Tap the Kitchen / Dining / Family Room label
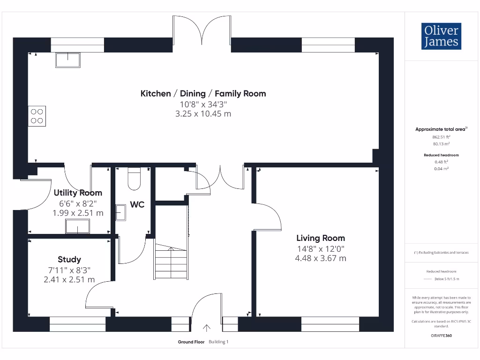point(203,93)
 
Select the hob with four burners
point(37,116)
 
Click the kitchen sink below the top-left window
point(68,60)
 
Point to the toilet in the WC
point(134,179)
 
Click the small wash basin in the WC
point(120,212)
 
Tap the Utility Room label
point(78,193)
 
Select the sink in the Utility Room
point(78,226)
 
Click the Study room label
point(69,259)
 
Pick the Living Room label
point(321,238)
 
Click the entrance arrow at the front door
point(206,328)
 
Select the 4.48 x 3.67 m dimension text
point(321,258)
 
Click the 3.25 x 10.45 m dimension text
point(203,113)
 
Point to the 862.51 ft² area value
point(441,137)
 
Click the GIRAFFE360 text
point(441,336)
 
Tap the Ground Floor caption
point(191,342)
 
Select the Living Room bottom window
point(330,324)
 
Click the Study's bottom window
point(77,324)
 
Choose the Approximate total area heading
point(440,129)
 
